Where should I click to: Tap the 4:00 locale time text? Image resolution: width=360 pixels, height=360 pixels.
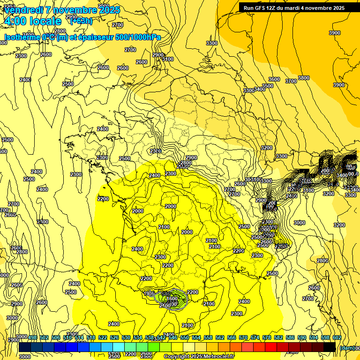click(x=32, y=21)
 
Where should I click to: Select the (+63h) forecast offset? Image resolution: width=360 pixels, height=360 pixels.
click(x=81, y=21)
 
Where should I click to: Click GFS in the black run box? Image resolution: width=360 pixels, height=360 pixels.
click(x=262, y=8)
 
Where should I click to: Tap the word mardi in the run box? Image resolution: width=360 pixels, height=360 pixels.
click(x=296, y=8)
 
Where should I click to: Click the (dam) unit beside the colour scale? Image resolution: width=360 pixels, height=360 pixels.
click(x=346, y=348)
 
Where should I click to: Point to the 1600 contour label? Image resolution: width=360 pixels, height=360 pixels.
click(x=172, y=299)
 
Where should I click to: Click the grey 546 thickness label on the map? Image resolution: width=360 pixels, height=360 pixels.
click(x=165, y=294)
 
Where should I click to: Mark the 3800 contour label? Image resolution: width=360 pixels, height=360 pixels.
click(x=304, y=78)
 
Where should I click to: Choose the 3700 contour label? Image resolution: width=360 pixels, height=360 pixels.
click(x=291, y=81)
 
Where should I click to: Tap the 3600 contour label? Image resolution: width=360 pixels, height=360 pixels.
click(x=274, y=79)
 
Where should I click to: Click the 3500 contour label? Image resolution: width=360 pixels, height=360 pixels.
click(x=267, y=86)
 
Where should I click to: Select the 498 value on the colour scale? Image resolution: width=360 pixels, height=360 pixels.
click(x=32, y=337)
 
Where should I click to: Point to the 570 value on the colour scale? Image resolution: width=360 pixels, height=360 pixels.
click(x=243, y=337)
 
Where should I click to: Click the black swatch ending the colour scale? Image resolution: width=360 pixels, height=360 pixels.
click(x=330, y=347)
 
